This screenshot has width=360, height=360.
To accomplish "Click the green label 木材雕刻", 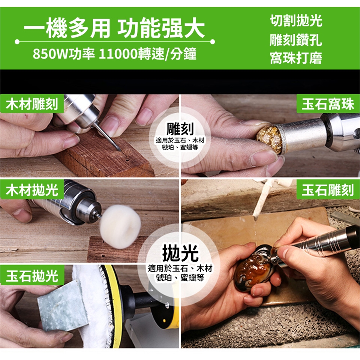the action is (x=31, y=103).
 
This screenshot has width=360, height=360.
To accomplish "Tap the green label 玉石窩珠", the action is (x=328, y=103).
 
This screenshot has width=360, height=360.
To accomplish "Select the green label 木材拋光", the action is (x=31, y=190).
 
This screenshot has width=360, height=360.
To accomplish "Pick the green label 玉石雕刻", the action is (x=328, y=190).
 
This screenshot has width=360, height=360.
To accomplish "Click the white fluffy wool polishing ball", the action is (x=120, y=226).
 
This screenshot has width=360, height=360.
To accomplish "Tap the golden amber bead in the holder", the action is (x=269, y=139).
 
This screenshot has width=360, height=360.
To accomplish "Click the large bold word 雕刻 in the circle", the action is (x=180, y=129).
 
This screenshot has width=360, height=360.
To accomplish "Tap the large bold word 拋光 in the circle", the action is (x=180, y=253).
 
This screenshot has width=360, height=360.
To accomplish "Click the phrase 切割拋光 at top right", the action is (x=296, y=21).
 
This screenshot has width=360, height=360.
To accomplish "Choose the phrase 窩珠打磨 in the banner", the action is (x=296, y=58).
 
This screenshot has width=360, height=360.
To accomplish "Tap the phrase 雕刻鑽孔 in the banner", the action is (x=296, y=40).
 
